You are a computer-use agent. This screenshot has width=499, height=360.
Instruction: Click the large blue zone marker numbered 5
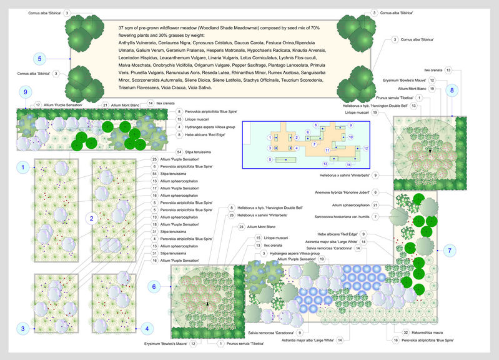coord(39,59)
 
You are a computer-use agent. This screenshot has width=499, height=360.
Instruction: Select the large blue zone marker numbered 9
coord(25,92)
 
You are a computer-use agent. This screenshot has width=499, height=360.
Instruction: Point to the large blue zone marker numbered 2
coord(92,218)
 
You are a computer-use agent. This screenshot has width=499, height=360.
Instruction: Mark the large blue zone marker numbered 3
coord(23,328)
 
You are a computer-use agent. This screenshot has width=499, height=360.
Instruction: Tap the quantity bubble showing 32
coord(405,333)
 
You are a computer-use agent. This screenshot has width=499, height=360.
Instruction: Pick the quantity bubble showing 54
coord(180,152)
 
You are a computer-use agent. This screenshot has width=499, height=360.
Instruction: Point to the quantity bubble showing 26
coord(231,215)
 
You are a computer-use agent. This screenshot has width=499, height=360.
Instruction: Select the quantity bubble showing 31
coord(155,231)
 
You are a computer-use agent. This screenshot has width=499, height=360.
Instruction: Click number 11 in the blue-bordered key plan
coord(327,151)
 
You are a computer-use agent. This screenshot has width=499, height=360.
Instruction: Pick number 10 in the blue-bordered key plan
coord(350,136)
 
